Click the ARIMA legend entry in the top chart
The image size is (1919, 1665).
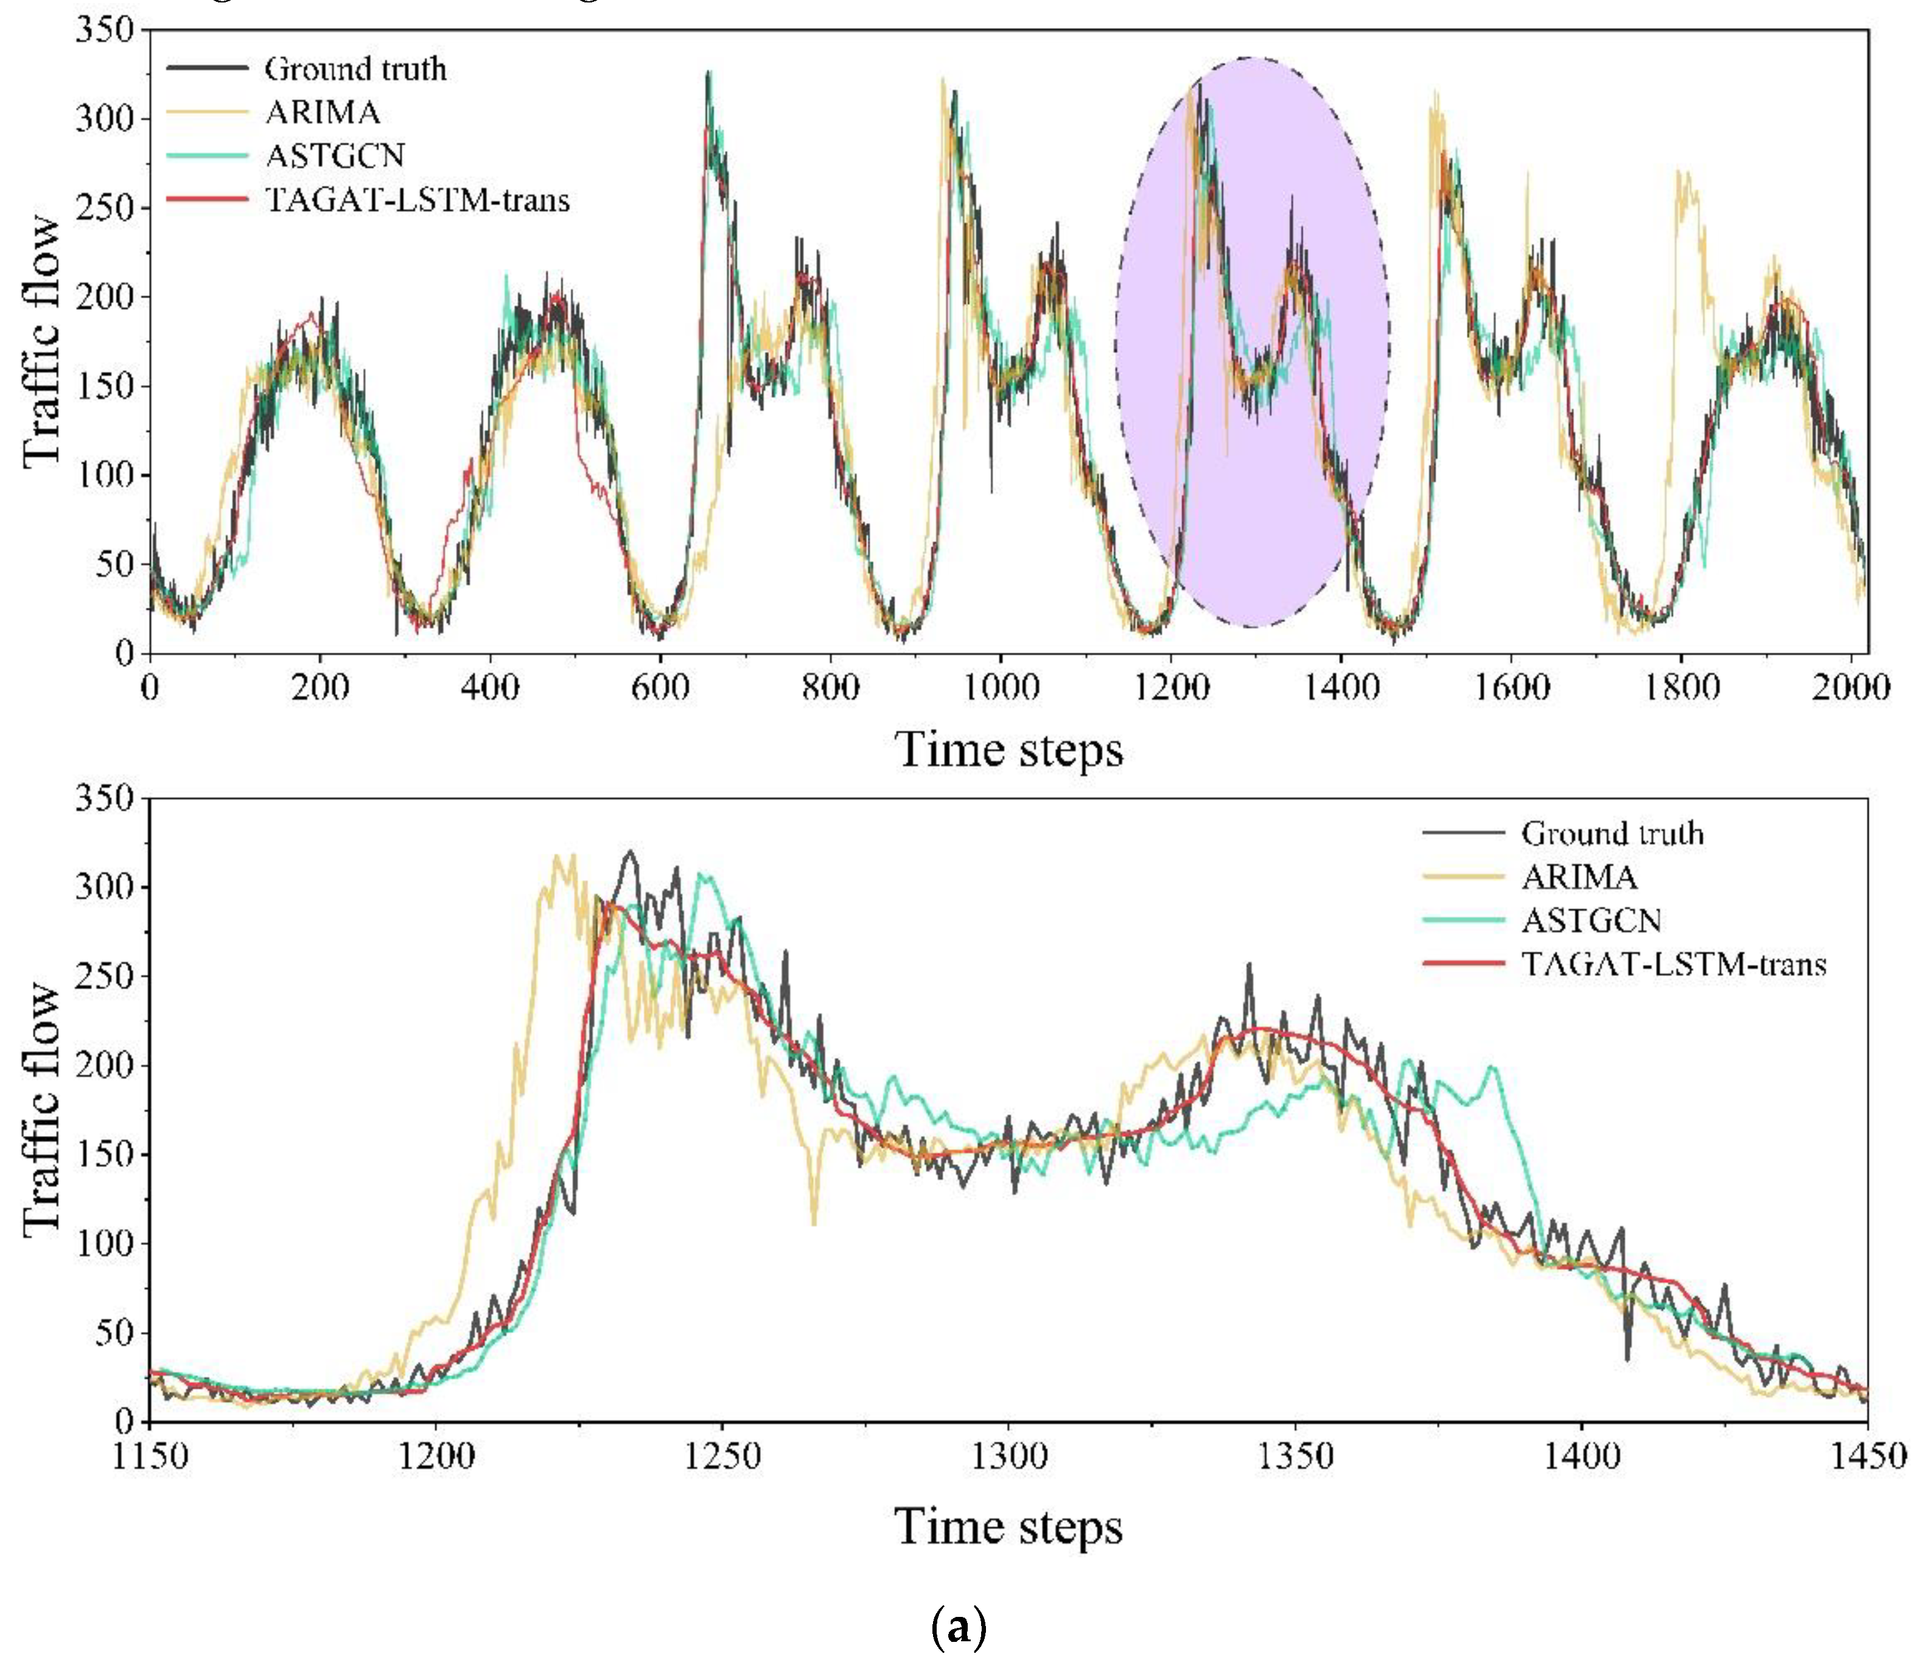click(321, 113)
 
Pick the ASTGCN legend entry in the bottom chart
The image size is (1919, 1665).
click(1590, 920)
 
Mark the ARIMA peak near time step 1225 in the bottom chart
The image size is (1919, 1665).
click(558, 856)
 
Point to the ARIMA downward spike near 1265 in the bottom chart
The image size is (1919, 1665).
click(814, 1223)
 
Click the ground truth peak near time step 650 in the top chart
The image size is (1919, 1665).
click(708, 72)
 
